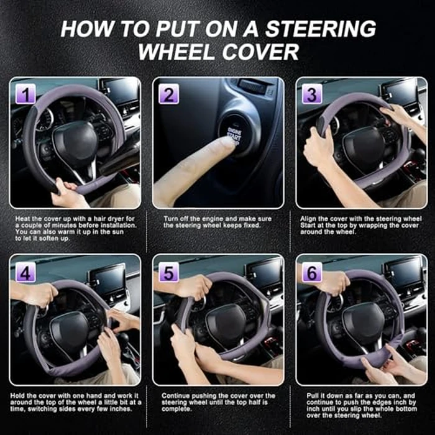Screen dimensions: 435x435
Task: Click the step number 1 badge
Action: tap(26, 95)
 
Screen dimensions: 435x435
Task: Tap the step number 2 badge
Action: tap(169, 95)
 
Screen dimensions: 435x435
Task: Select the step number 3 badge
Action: tap(311, 95)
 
